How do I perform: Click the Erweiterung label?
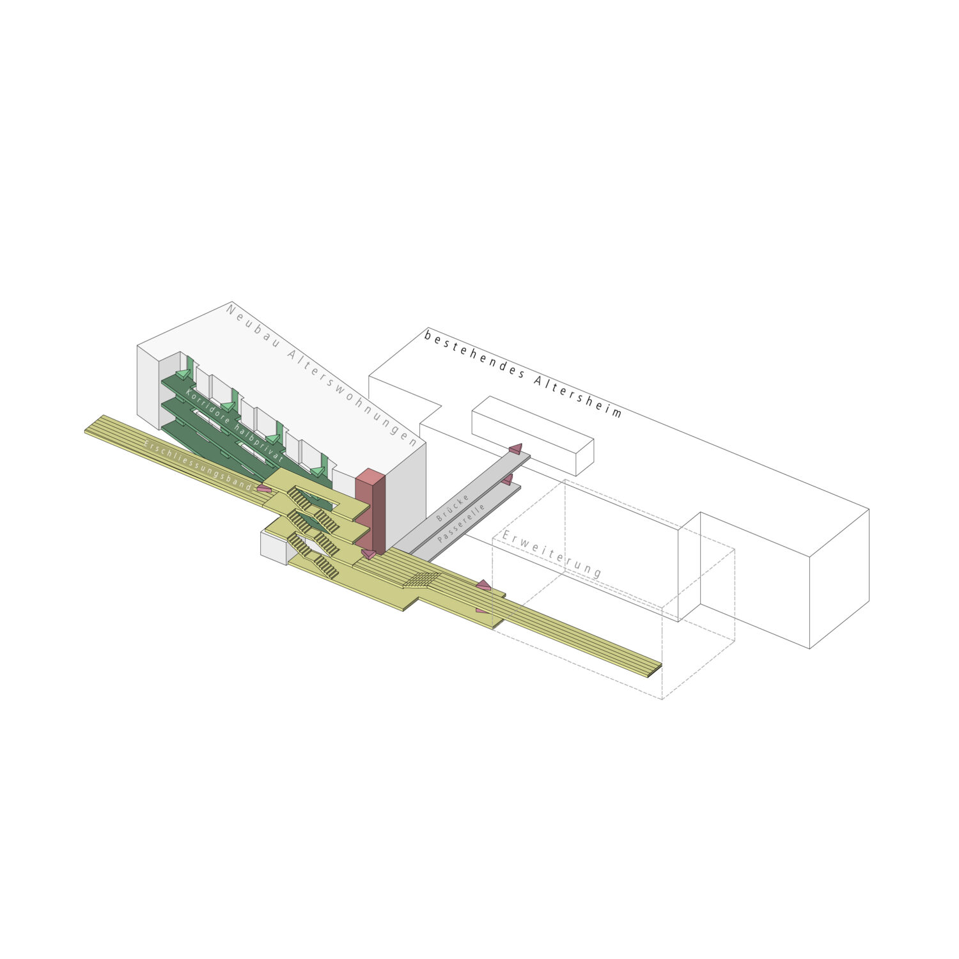tap(551, 554)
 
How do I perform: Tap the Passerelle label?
tap(462, 523)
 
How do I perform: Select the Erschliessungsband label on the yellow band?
tap(198, 465)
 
